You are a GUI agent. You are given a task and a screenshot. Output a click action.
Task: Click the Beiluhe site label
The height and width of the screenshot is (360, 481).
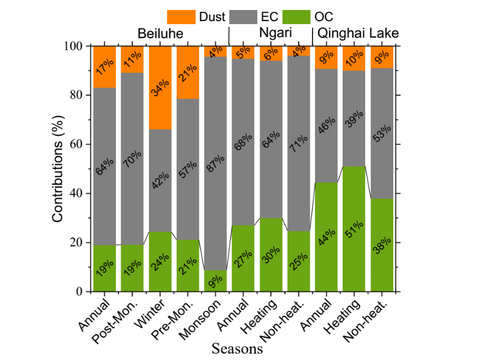pyautogui.click(x=160, y=34)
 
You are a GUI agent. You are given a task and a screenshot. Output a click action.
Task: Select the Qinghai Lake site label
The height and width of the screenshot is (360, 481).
pyautogui.click(x=357, y=34)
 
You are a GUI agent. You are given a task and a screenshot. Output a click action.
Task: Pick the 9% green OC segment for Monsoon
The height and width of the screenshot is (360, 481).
pyautogui.click(x=215, y=281)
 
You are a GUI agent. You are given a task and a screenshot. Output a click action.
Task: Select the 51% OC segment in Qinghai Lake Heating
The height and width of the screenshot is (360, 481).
pyautogui.click(x=354, y=229)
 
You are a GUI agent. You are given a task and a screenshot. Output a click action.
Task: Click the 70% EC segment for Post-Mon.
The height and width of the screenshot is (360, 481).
pyautogui.click(x=132, y=158)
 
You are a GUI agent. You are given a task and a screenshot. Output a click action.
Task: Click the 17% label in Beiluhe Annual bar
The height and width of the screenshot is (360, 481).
pyautogui.click(x=105, y=66)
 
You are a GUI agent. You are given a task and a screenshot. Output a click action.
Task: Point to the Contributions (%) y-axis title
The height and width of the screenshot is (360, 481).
pyautogui.click(x=58, y=168)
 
